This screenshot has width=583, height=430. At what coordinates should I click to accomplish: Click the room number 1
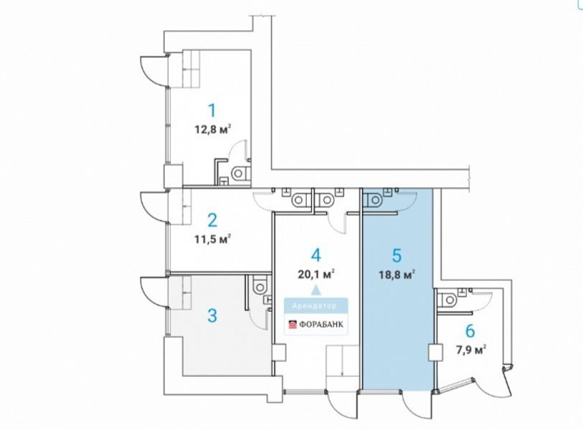(x=212, y=110)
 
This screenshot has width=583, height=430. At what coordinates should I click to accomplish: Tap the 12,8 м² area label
(x=213, y=130)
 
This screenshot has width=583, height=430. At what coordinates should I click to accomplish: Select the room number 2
(x=212, y=221)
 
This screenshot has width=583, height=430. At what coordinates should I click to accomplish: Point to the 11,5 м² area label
(x=213, y=239)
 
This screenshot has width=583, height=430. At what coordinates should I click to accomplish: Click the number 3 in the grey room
(x=212, y=316)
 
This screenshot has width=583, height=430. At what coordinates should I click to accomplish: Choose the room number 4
(x=316, y=255)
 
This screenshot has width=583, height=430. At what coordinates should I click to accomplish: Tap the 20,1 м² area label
(x=316, y=274)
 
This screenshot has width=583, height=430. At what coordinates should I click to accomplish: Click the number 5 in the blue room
(x=397, y=256)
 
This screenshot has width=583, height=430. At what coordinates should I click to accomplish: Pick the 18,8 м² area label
(x=397, y=275)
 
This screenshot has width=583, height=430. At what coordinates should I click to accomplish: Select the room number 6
(x=470, y=331)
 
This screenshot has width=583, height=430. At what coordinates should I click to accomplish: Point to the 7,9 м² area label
(x=471, y=350)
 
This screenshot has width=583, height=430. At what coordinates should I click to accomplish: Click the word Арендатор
(x=315, y=306)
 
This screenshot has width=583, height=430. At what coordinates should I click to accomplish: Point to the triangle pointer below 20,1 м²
(x=316, y=290)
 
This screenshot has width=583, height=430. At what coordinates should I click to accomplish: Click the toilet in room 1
(x=240, y=173)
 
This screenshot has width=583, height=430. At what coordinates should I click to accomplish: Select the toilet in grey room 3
(x=259, y=285)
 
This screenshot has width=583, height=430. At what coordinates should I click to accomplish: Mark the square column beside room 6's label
(x=435, y=352)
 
